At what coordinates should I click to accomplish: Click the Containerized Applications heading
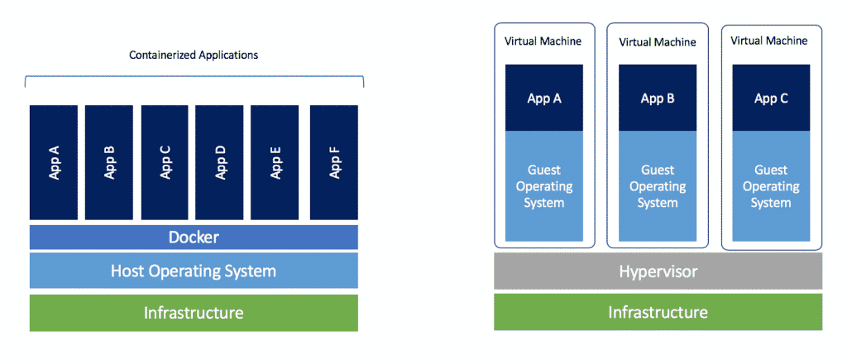[194, 55]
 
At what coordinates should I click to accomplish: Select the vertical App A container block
[54, 163]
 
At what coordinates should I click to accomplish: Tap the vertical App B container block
[109, 163]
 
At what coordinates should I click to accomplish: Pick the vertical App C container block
[165, 163]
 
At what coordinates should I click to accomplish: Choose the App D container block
[220, 163]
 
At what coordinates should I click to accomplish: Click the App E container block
[275, 163]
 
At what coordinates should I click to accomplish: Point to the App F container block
[334, 163]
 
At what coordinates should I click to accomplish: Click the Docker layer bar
[194, 238]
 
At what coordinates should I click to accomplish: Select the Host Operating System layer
[194, 271]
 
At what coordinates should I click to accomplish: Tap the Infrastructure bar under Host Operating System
[194, 313]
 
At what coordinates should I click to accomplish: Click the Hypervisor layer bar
[658, 271]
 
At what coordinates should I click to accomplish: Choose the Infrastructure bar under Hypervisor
[658, 312]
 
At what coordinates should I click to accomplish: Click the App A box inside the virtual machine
[544, 98]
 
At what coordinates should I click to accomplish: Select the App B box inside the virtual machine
[658, 98]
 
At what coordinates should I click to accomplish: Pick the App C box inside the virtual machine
[771, 98]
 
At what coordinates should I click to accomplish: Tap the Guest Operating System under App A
[544, 187]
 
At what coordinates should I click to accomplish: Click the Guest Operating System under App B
[658, 187]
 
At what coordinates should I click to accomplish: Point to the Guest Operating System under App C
[771, 187]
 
